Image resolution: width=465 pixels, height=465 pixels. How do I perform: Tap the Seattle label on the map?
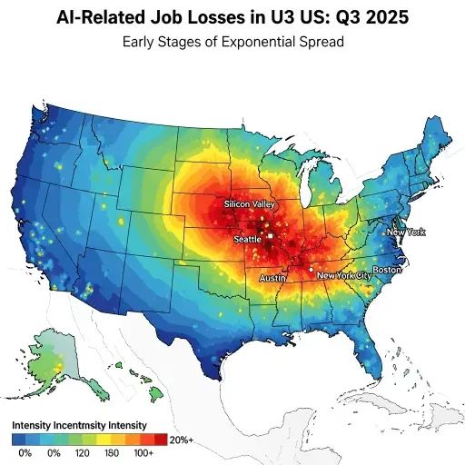(x=248, y=238)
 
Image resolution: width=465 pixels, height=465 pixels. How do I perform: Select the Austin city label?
(x=273, y=277)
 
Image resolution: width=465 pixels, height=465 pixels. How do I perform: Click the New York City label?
(x=343, y=274)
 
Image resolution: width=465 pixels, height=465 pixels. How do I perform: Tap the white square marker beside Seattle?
(x=269, y=236)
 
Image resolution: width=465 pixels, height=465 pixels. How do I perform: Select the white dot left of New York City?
(x=311, y=270)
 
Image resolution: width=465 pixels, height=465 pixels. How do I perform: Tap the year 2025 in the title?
(x=383, y=17)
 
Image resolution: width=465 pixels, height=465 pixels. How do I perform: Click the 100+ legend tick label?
(x=143, y=451)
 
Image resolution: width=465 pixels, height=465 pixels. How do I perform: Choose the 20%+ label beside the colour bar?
(x=183, y=440)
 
